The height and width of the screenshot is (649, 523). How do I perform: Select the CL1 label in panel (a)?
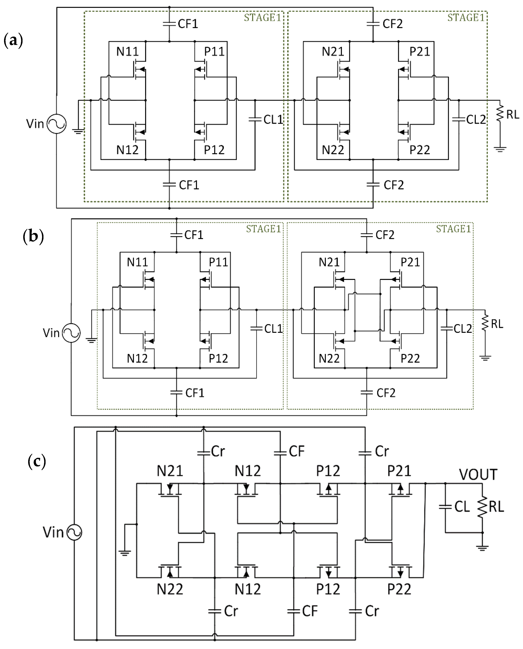(x=273, y=119)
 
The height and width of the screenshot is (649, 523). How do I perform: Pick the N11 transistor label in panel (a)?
(x=127, y=52)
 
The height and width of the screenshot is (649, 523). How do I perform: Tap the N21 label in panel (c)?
(x=170, y=471)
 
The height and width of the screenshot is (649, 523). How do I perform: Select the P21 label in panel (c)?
(x=399, y=471)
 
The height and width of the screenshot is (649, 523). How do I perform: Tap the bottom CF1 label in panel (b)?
(x=195, y=393)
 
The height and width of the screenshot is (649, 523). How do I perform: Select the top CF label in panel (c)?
(x=297, y=451)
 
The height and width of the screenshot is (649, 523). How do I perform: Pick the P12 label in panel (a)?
(x=214, y=150)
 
